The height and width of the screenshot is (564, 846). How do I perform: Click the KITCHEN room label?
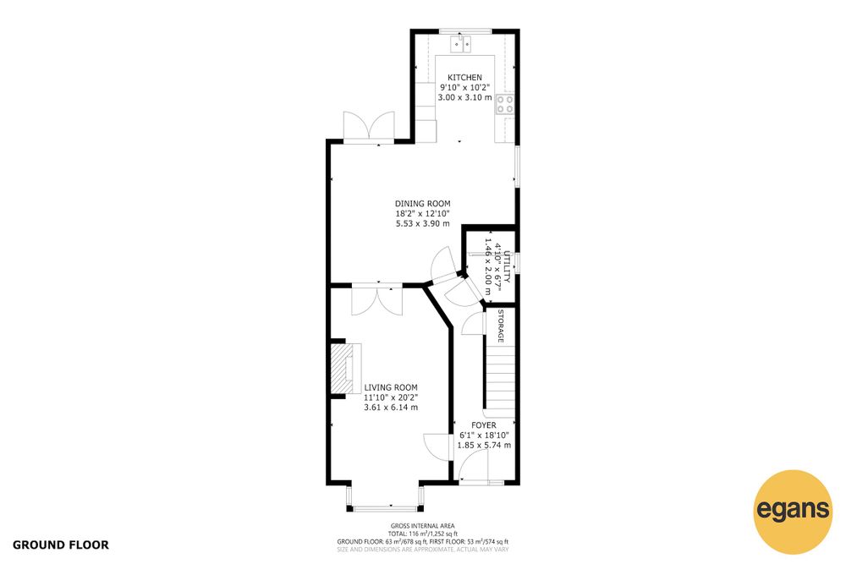coord(464,78)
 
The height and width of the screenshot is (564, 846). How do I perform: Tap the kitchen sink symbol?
coord(461,43)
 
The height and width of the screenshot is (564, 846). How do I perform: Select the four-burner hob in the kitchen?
coord(505,105)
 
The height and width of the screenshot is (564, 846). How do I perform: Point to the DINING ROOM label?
coord(422,204)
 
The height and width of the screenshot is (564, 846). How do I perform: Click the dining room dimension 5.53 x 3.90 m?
coord(422,224)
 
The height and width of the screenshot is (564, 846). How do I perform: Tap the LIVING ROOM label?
coord(391,387)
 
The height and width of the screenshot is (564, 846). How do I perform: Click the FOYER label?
coord(483,425)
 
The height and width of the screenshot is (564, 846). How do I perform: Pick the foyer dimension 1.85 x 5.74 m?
coord(484,446)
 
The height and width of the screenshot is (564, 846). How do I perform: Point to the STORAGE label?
coord(500,326)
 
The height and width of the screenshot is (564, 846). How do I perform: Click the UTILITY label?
coord(506,266)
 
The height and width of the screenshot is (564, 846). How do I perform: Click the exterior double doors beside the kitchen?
coord(369,127)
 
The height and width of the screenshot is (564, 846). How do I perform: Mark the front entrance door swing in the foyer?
coord(473,466)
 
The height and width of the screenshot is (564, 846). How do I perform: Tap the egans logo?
coord(793,512)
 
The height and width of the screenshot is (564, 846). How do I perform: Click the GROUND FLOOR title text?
coord(60,545)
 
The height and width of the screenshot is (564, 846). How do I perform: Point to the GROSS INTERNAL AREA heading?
coord(422,526)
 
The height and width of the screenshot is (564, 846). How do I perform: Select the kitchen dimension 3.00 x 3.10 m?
coord(464,97)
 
